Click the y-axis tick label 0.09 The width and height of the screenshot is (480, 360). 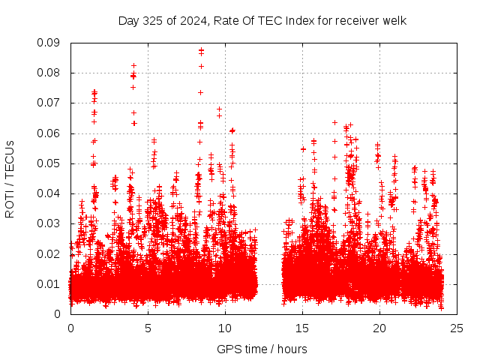coord(49,43)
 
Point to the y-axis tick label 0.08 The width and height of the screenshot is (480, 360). coord(49,73)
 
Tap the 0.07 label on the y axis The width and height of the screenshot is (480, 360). coord(49,103)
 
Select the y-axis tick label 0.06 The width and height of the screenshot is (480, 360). coord(49,133)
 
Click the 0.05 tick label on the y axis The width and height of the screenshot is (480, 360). coord(49,163)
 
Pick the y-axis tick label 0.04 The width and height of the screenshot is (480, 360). coord(49,193)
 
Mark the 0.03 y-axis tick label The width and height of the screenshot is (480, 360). coord(49,223)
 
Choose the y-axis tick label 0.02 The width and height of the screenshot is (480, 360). coord(49,253)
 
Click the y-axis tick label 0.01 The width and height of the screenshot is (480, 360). coord(49,283)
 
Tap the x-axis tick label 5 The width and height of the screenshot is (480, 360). coord(148,328)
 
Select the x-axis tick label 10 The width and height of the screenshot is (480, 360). coord(225,328)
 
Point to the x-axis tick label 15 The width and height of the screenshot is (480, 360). coord(302,328)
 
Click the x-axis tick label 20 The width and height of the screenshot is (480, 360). coord(379,328)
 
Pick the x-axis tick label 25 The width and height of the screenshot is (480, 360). coord(457,328)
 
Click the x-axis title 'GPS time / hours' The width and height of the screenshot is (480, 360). coord(262,349)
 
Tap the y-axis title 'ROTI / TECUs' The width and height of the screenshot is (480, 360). coord(10,178)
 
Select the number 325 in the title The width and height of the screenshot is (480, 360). coord(152,20)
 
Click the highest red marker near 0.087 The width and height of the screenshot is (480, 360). coord(201,50)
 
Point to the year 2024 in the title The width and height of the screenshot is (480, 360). coord(188,20)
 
